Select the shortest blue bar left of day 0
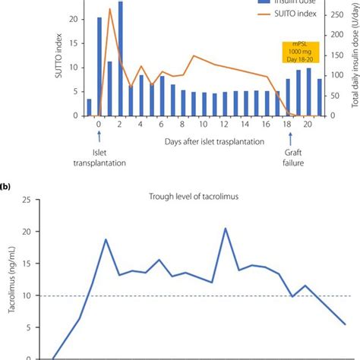(x=88, y=108)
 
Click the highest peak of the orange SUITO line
(x=110, y=10)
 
